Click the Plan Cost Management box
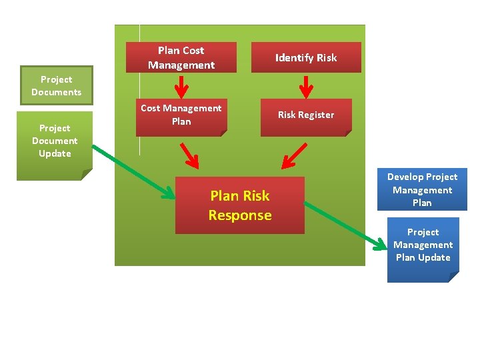tap(181, 57)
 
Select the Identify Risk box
tap(306, 57)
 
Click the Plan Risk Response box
tap(239, 205)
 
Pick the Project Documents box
tap(56, 85)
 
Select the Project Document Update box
tap(54, 143)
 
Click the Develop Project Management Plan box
tap(422, 190)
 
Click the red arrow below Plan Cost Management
tap(181, 85)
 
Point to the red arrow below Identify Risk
tap(306, 85)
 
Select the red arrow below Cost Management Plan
tap(189, 155)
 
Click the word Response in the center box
tap(239, 215)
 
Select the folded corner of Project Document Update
tap(87, 175)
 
